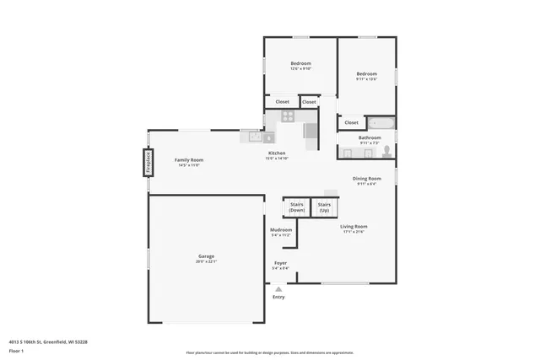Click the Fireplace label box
point(148,162)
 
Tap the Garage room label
point(206,256)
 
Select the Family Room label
point(189,159)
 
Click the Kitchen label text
point(277,153)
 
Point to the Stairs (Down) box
point(297,207)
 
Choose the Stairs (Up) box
point(324,207)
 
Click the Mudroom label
point(281,229)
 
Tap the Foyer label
point(280,263)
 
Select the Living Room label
point(354,226)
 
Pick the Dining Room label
point(367,178)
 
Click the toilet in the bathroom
point(386,152)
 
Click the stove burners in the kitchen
point(288,116)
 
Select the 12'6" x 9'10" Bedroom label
point(301,64)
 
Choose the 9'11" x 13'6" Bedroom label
point(366,73)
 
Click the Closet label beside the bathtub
point(351,123)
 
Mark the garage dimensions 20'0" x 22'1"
point(206,261)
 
